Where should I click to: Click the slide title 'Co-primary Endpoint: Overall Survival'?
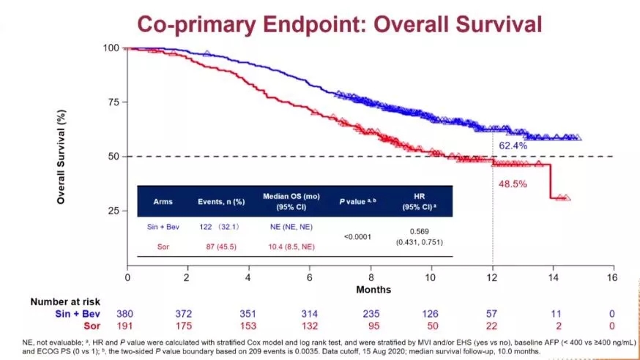[340, 23]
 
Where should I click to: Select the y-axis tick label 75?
[113, 102]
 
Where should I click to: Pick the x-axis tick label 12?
[492, 277]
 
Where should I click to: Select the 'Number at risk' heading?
[64, 301]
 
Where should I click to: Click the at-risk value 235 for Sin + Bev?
[371, 313]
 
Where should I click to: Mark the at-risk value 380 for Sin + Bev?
[126, 313]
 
